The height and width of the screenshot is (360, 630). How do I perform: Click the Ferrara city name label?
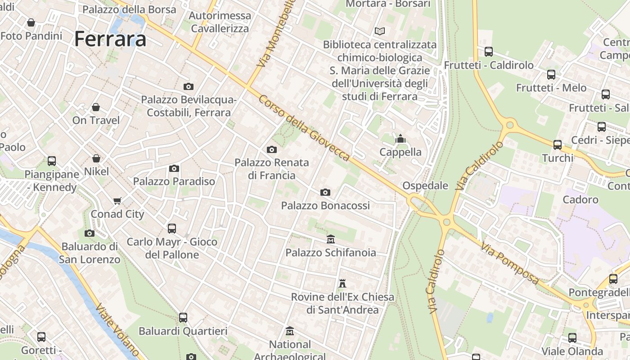(x=110, y=39)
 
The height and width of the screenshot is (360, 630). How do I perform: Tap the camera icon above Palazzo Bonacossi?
(x=325, y=193)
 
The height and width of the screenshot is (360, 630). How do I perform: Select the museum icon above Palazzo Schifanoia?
(x=331, y=239)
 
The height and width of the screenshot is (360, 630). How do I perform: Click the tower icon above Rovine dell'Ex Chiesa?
(x=342, y=283)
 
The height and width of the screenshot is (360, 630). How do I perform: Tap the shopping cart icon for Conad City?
(x=117, y=201)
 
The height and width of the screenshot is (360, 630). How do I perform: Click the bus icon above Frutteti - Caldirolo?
(x=489, y=52)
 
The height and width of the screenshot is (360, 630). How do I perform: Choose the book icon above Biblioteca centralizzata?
(x=380, y=31)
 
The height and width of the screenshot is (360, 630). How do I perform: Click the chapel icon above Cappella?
(x=400, y=139)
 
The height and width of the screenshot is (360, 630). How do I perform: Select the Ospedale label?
(x=425, y=185)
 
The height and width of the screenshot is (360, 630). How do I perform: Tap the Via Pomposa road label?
(x=510, y=264)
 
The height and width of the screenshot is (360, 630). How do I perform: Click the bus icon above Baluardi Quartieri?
(x=183, y=318)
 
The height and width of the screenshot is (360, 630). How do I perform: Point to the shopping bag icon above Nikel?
(x=96, y=158)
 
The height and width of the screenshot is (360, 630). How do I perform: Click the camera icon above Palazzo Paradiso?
(x=174, y=168)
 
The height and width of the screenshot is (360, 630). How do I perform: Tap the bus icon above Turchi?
(x=558, y=145)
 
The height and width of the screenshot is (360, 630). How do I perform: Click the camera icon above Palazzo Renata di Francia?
(x=272, y=149)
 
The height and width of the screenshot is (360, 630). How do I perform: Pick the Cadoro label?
(x=580, y=199)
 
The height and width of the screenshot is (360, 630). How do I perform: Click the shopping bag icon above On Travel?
(x=96, y=107)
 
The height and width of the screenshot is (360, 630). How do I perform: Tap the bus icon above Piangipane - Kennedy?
(x=52, y=161)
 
